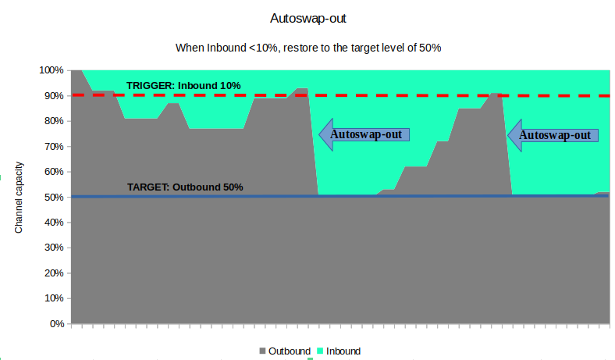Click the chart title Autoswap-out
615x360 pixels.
307,18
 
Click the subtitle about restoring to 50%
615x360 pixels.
308,48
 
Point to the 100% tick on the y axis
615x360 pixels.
52,70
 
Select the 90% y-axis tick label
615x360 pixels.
54,96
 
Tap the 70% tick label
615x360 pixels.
54,147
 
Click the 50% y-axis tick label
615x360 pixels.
54,198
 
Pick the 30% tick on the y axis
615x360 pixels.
54,248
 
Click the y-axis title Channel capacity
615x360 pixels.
20,197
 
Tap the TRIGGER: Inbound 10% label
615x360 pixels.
183,85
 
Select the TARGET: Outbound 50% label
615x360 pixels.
185,187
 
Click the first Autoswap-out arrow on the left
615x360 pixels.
364,134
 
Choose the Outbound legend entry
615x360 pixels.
289,351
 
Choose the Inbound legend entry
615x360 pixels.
343,351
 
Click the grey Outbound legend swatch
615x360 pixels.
262,351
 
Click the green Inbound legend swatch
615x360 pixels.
319,351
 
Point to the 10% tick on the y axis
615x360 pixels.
54,298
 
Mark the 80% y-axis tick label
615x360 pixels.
54,121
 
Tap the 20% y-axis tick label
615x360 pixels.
54,273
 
